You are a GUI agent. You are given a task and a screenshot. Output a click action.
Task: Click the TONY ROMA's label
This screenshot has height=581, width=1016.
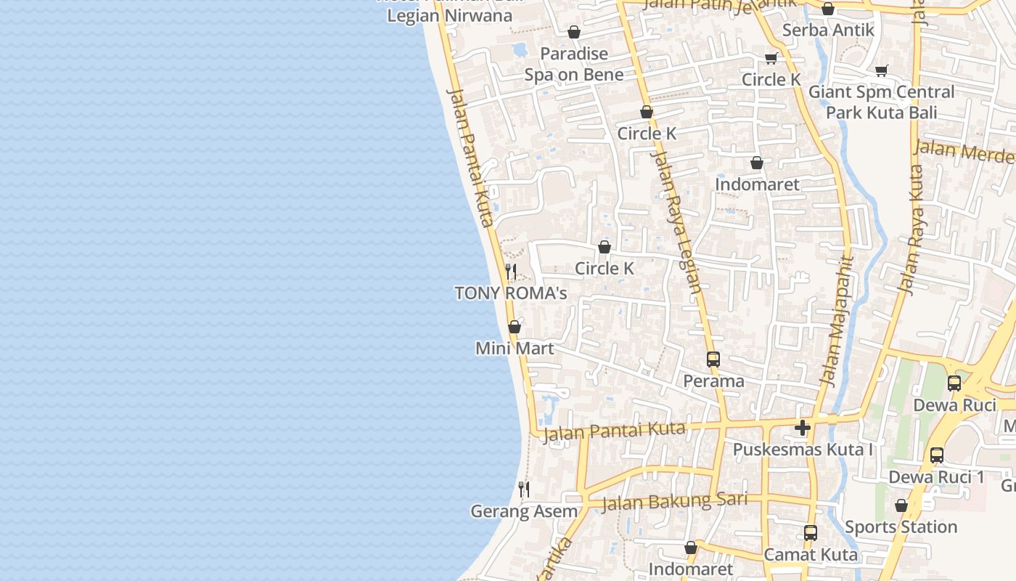coord(510,293)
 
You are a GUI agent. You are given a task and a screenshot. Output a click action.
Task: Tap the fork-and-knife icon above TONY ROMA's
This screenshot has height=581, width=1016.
coord(511,272)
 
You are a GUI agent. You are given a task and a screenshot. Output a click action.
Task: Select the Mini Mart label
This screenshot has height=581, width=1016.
coord(515,349)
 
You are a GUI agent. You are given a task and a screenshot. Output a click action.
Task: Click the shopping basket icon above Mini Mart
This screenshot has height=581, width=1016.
coord(515,327)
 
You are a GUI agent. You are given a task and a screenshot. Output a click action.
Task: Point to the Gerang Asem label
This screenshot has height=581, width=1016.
coord(524,511)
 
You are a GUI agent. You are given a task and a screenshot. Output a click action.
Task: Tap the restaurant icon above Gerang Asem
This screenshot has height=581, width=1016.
coord(524,489)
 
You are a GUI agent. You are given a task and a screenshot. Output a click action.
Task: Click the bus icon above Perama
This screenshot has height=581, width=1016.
coord(713,359)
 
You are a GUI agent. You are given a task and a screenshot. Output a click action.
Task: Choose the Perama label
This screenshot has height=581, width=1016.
coord(713,381)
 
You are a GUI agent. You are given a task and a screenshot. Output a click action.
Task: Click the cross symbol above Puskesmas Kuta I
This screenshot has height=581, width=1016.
coord(803,428)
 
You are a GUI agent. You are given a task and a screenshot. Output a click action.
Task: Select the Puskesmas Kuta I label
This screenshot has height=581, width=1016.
coord(803,450)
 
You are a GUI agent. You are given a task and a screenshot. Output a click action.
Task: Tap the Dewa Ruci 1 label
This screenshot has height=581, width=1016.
coord(937,477)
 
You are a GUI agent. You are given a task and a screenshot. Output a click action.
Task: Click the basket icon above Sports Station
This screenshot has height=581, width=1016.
coord(901,505)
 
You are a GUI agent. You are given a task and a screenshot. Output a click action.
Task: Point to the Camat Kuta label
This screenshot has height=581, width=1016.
coord(811,555)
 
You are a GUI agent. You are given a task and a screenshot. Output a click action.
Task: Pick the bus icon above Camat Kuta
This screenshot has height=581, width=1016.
coord(811,533)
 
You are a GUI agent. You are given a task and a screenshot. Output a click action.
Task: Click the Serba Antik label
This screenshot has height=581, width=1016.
coord(828,31)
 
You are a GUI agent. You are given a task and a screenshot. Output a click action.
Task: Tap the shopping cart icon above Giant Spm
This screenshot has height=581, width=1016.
coord(882,70)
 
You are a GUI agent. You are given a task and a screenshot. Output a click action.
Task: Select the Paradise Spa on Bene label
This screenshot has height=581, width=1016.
coord(574,64)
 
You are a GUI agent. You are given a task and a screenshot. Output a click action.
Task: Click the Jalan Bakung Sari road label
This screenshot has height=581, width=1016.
coord(674,500)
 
